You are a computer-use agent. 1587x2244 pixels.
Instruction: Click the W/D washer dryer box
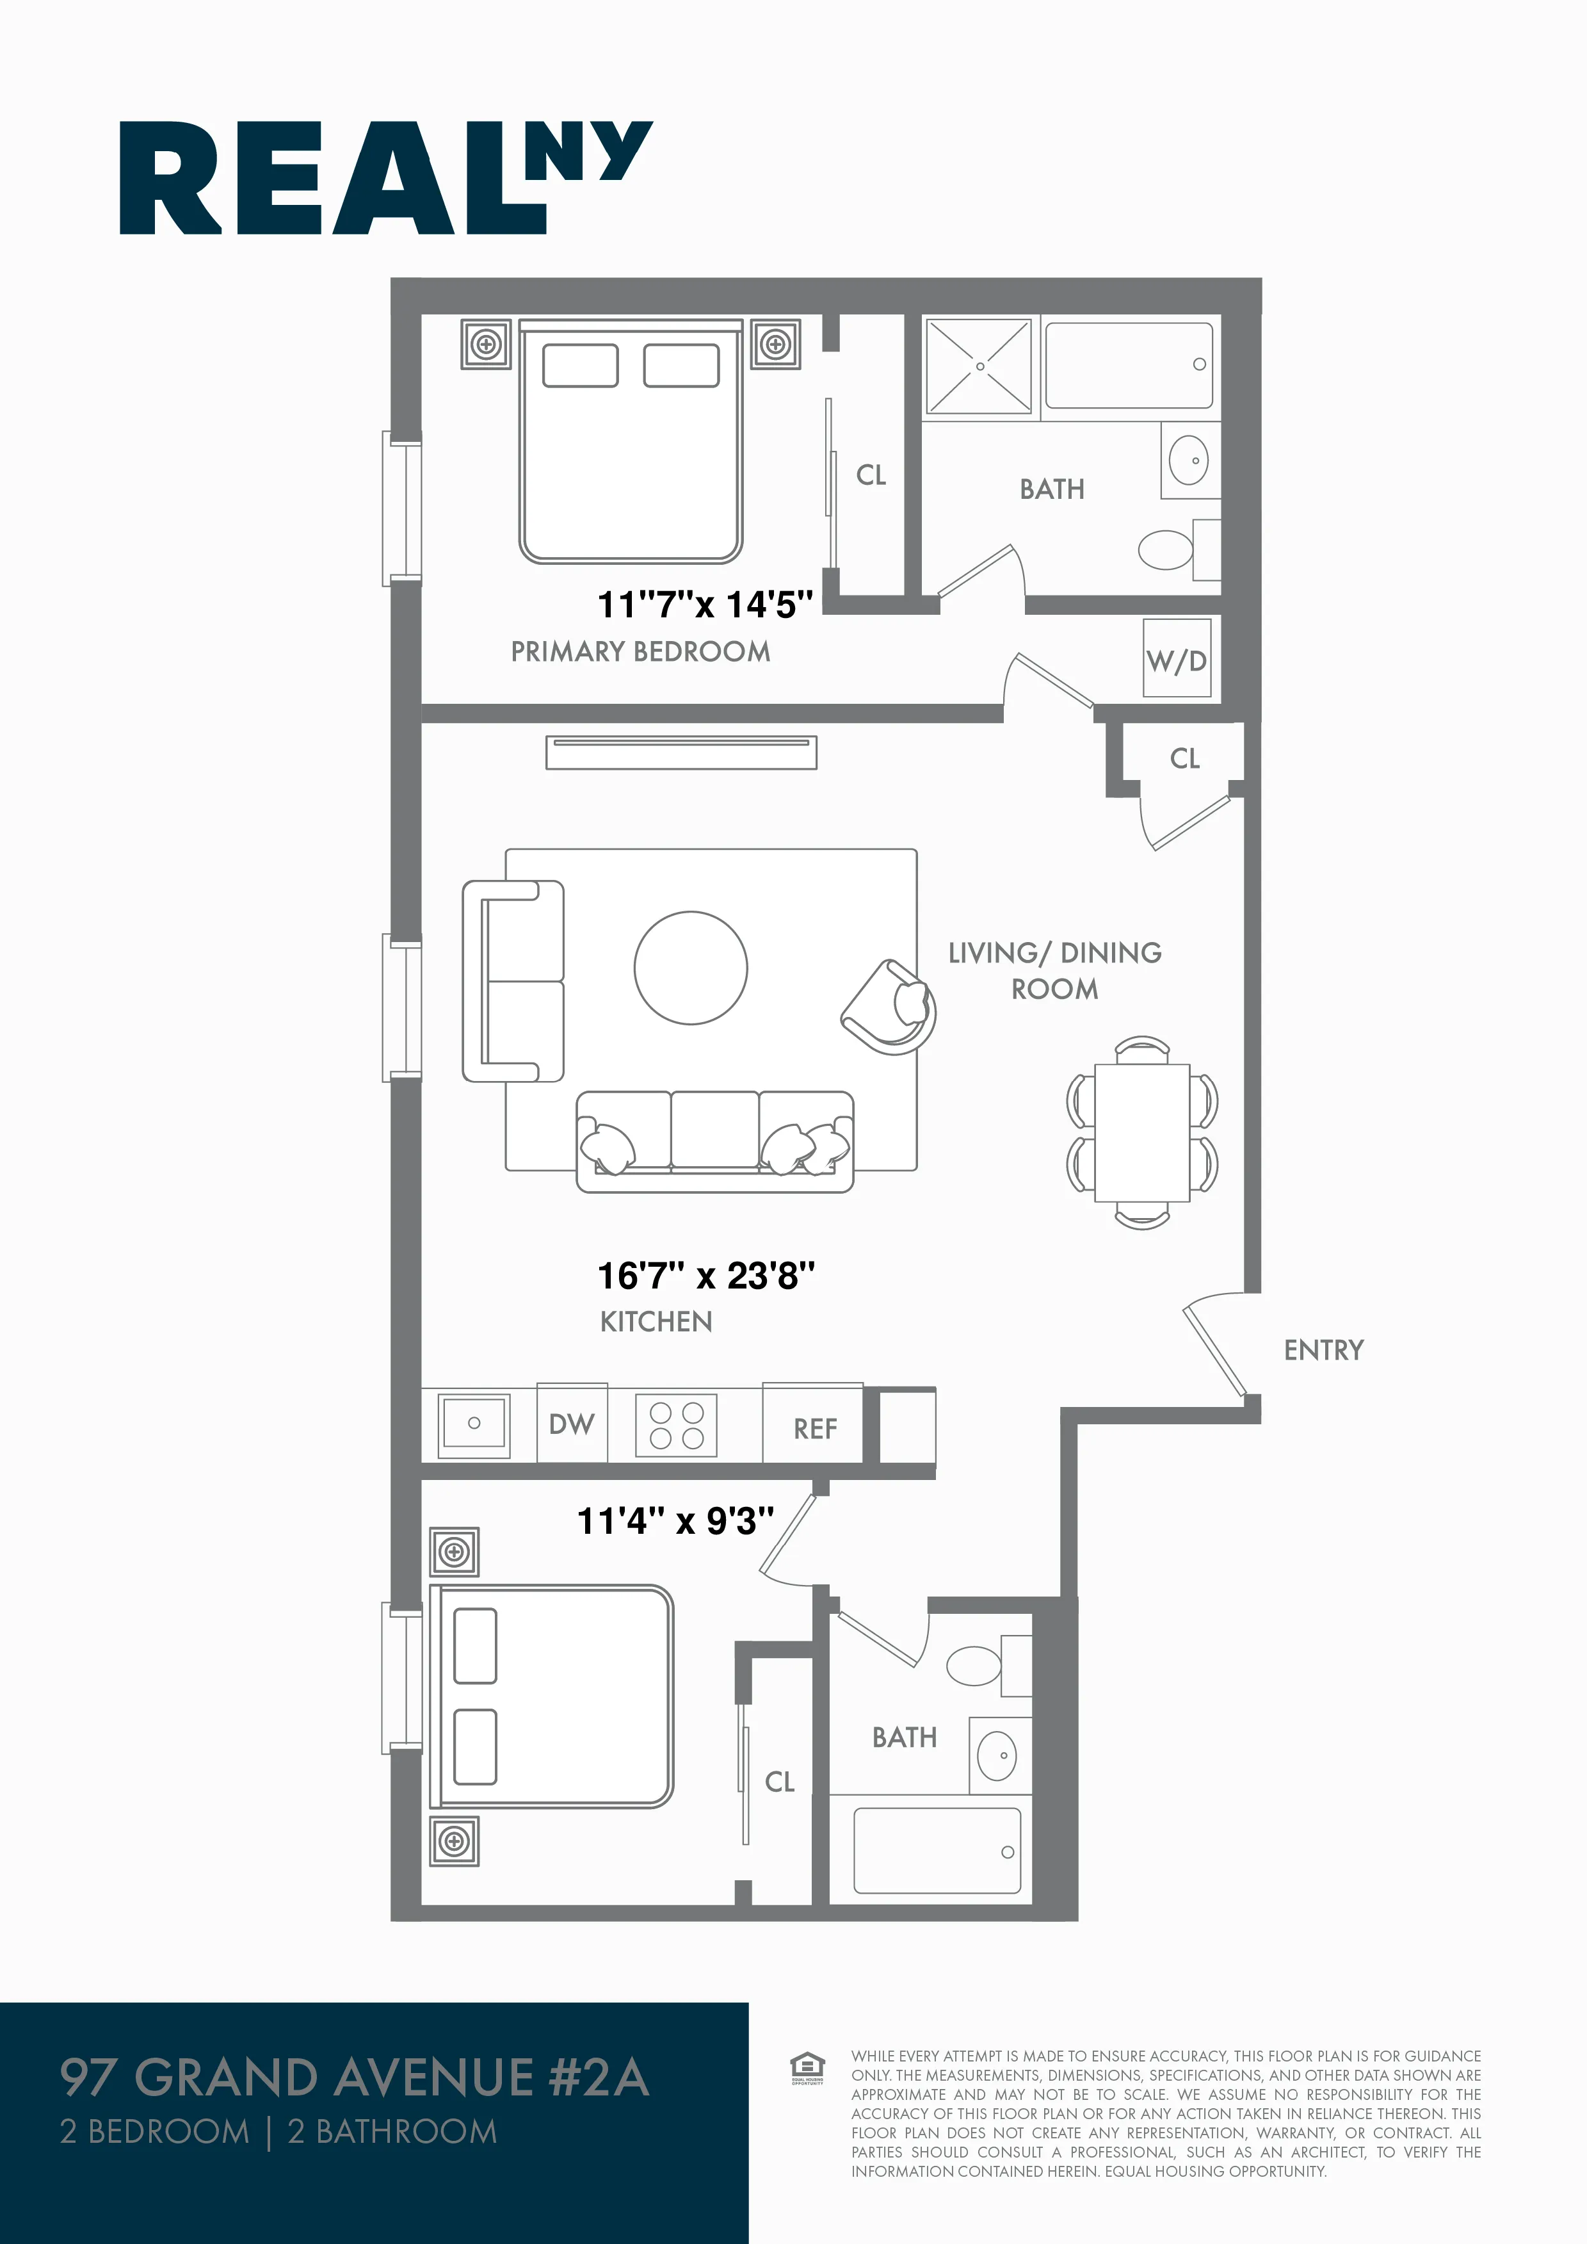[x=1177, y=658]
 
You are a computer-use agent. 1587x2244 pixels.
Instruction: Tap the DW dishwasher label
[x=572, y=1424]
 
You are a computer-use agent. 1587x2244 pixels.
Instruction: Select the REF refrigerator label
[x=815, y=1429]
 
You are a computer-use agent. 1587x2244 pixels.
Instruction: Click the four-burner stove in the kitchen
[x=676, y=1425]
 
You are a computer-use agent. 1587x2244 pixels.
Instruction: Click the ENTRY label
[x=1323, y=1350]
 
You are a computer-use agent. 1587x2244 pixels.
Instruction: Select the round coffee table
[x=691, y=968]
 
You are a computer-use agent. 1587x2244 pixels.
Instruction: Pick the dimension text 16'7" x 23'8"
[x=705, y=1276]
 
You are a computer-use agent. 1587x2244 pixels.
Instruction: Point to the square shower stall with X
[x=979, y=366]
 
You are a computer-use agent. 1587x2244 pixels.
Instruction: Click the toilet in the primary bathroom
[x=1167, y=549]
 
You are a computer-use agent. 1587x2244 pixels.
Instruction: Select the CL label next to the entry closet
[x=1184, y=758]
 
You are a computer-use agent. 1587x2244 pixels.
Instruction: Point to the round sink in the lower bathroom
[x=997, y=1755]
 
